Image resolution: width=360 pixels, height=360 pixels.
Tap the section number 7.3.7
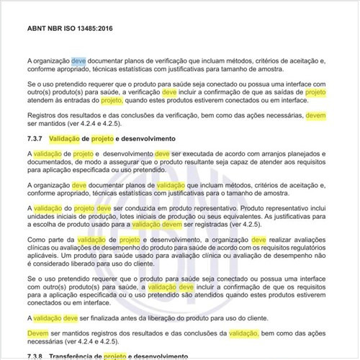[37, 138]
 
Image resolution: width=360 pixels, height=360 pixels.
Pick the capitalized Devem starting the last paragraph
[37, 333]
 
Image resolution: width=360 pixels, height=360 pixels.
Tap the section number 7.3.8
[37, 356]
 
